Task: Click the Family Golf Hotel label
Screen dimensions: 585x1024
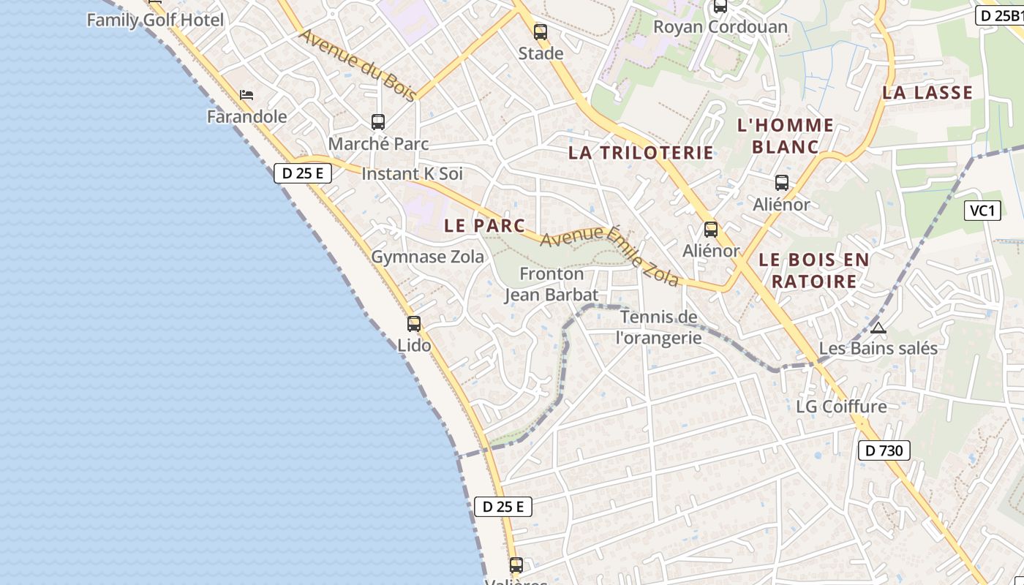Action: pyautogui.click(x=155, y=20)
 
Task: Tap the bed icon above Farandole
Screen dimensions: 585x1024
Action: pyautogui.click(x=246, y=95)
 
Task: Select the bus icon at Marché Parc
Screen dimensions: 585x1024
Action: pyautogui.click(x=378, y=122)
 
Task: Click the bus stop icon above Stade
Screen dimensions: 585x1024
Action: pyautogui.click(x=541, y=32)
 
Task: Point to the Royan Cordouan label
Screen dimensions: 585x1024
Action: pyautogui.click(x=720, y=27)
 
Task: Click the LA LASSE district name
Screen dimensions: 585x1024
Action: pyautogui.click(x=927, y=93)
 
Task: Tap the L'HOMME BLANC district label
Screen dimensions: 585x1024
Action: pyautogui.click(x=786, y=136)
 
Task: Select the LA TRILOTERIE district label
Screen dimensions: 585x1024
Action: pyautogui.click(x=641, y=153)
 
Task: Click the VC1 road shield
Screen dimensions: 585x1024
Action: pyautogui.click(x=982, y=211)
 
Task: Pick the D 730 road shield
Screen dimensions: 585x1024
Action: pyautogui.click(x=884, y=450)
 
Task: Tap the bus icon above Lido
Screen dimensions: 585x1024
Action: pyautogui.click(x=414, y=323)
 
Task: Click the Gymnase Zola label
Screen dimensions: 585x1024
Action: pyautogui.click(x=427, y=257)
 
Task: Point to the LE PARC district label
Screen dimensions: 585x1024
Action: pyautogui.click(x=484, y=226)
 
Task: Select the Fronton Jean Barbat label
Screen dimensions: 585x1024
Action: pyautogui.click(x=551, y=284)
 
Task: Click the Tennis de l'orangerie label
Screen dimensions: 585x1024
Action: pyautogui.click(x=659, y=327)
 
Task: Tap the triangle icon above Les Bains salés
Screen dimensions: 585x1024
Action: pyautogui.click(x=878, y=328)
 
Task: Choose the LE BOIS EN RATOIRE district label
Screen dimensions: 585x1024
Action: pyautogui.click(x=814, y=271)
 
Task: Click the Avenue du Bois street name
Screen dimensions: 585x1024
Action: pyautogui.click(x=358, y=65)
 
